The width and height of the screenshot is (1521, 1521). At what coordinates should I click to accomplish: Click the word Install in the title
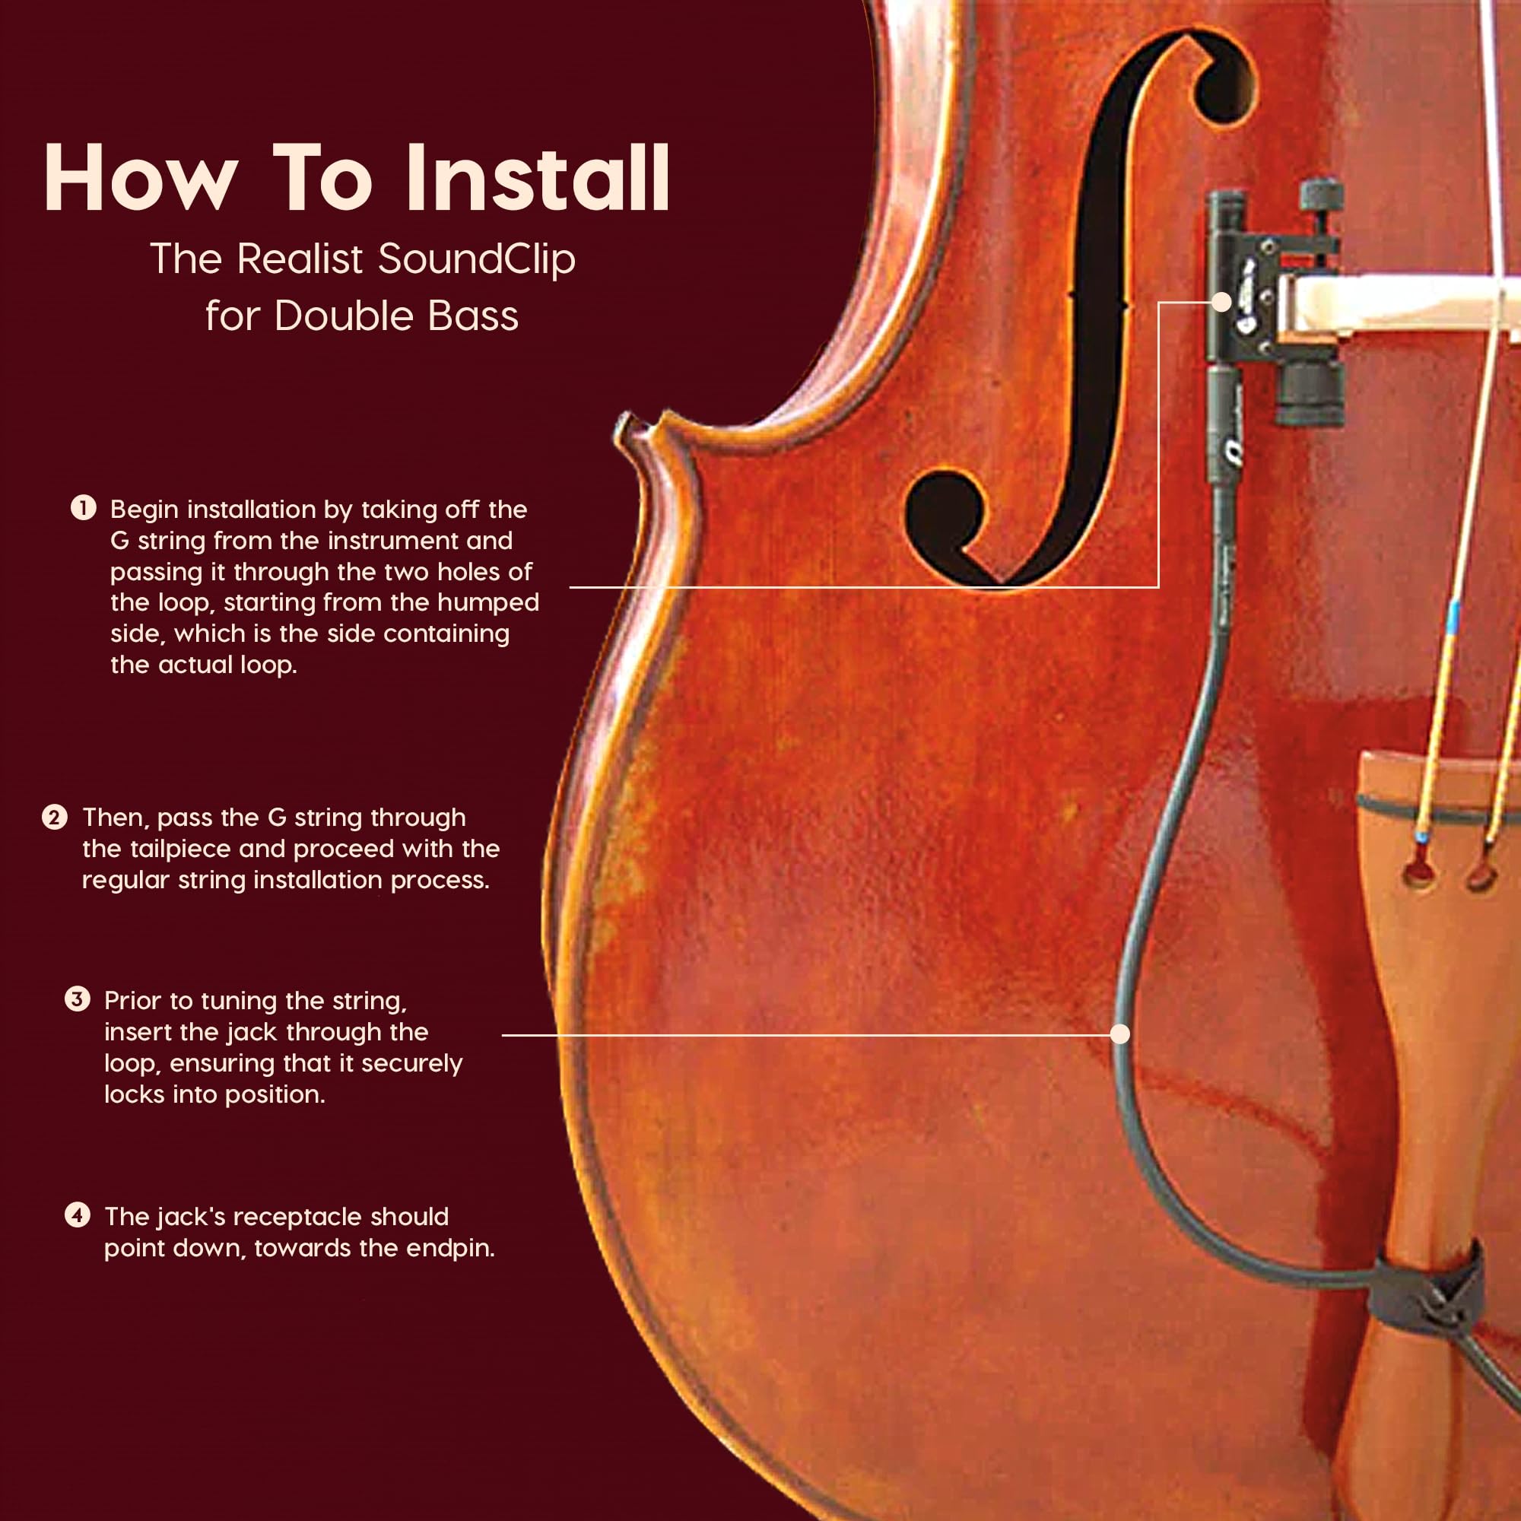(x=538, y=178)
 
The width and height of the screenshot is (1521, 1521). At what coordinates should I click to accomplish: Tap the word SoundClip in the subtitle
(x=476, y=259)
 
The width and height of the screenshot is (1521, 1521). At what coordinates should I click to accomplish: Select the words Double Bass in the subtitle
(x=396, y=316)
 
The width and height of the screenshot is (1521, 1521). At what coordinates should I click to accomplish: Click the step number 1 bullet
(x=84, y=508)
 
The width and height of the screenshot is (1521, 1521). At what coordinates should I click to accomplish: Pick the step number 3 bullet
(x=77, y=1000)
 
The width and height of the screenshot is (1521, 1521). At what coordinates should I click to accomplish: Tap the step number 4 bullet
(x=77, y=1215)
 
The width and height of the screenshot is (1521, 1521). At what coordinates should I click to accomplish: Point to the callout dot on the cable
(x=1119, y=1034)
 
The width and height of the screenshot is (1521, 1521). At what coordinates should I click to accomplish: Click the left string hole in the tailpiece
(x=1418, y=873)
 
